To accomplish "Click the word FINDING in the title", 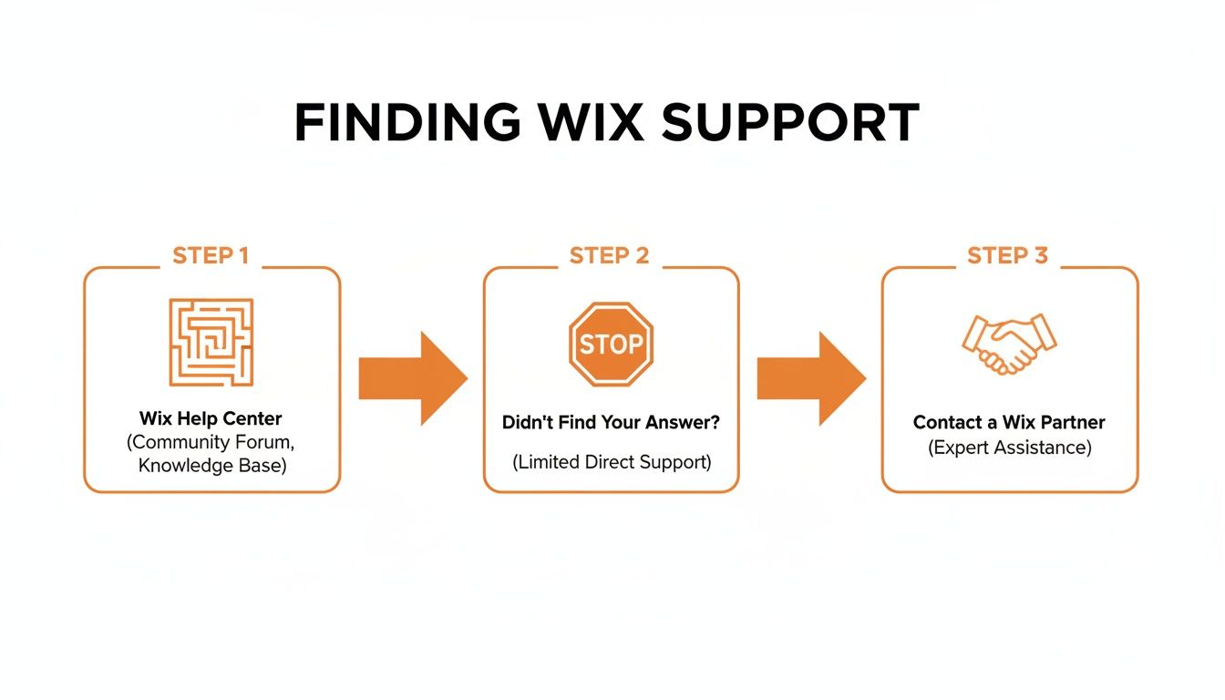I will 407,122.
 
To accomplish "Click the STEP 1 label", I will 211,256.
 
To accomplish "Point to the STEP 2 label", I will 609,256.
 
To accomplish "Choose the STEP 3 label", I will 1007,256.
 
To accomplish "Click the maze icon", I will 211,342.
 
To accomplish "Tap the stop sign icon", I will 611,345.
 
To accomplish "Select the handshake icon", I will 1009,344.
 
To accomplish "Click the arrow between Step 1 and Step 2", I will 412,378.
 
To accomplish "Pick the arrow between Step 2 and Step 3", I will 810,378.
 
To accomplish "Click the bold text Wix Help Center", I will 211,419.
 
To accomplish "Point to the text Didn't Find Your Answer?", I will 611,423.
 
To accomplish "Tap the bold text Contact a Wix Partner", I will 1009,423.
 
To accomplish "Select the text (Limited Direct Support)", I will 611,462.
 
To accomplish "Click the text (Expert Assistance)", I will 1009,448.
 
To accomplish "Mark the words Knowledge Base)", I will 211,466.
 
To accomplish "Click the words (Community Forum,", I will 211,442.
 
